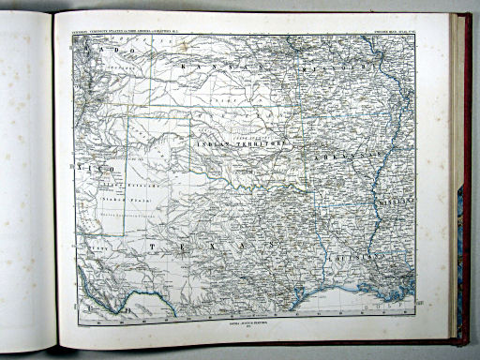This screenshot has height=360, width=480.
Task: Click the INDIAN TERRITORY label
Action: [242, 145]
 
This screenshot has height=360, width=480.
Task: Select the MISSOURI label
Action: [337, 69]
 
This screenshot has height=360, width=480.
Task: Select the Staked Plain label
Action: [119, 199]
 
